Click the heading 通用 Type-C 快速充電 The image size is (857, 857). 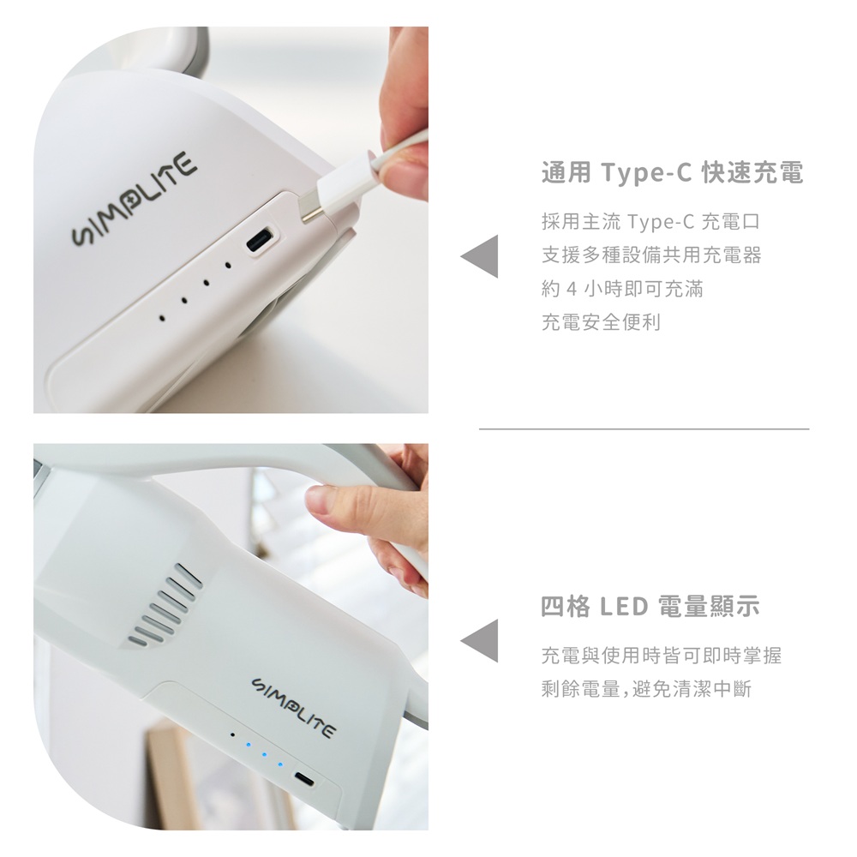(x=672, y=173)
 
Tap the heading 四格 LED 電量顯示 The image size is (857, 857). (x=650, y=606)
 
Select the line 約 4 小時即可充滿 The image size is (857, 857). (x=622, y=289)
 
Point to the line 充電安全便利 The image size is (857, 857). (x=602, y=322)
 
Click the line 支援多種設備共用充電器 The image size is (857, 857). (x=651, y=255)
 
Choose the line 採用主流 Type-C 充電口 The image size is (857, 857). (x=650, y=221)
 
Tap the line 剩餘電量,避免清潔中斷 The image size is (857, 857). (x=646, y=689)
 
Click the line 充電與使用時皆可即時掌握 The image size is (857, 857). (x=662, y=655)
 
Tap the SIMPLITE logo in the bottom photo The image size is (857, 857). (x=292, y=708)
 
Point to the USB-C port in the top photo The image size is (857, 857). (x=262, y=238)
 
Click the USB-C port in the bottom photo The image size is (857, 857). (x=304, y=779)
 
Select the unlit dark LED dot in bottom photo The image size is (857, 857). (x=232, y=735)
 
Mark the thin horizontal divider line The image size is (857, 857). (x=644, y=429)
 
